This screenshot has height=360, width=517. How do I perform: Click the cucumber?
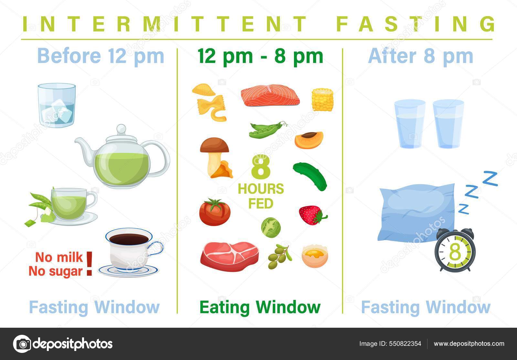310,176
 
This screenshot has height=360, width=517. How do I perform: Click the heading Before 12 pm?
101,56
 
